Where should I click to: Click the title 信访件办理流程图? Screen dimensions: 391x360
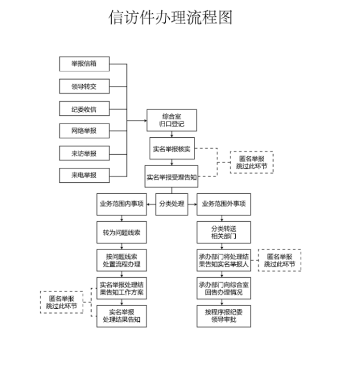point(170,17)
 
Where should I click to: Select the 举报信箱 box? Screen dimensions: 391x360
point(84,64)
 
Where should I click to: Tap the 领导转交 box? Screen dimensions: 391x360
point(84,86)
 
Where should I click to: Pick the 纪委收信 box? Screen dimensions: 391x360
point(84,109)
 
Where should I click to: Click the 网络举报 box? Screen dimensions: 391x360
point(84,131)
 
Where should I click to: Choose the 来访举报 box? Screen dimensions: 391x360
point(84,154)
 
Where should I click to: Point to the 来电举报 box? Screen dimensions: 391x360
point(84,175)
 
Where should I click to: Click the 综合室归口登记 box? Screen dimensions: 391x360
point(171,120)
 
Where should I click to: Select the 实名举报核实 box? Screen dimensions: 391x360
point(171,149)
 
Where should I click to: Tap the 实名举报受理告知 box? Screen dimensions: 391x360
point(171,177)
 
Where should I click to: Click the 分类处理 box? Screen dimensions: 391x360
point(171,204)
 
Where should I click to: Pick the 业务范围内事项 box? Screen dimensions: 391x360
point(122,204)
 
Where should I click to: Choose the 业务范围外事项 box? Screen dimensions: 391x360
point(224,204)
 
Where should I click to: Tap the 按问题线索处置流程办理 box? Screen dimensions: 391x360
point(122,260)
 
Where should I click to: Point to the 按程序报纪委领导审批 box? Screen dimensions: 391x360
point(224,316)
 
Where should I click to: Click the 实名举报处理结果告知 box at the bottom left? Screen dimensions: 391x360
point(122,316)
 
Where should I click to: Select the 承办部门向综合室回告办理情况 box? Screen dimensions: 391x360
point(224,288)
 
